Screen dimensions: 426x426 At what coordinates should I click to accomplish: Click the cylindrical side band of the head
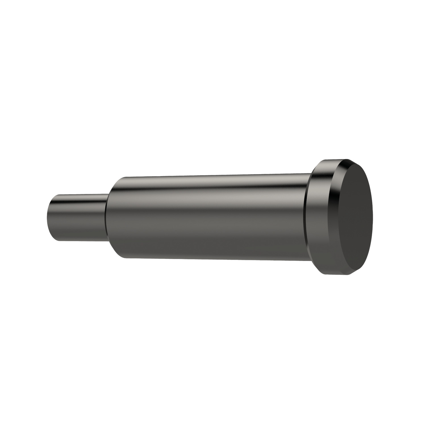[318, 219]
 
